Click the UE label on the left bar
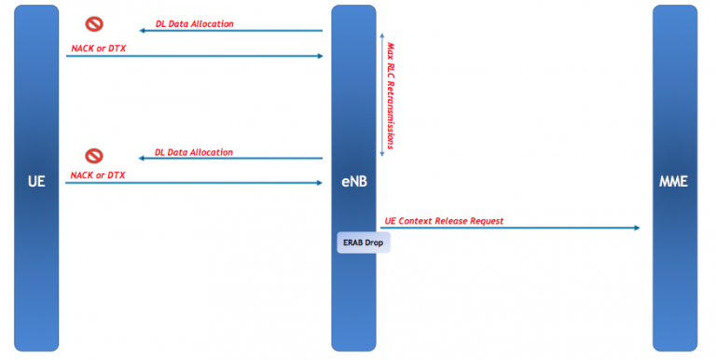[36, 182]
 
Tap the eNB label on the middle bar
[353, 182]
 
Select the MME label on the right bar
[673, 182]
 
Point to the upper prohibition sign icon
[94, 24]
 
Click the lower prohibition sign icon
[94, 155]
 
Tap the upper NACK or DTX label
[98, 47]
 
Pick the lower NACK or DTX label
[97, 174]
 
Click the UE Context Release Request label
[444, 221]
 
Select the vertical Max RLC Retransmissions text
[391, 93]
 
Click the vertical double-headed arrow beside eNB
[380, 93]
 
